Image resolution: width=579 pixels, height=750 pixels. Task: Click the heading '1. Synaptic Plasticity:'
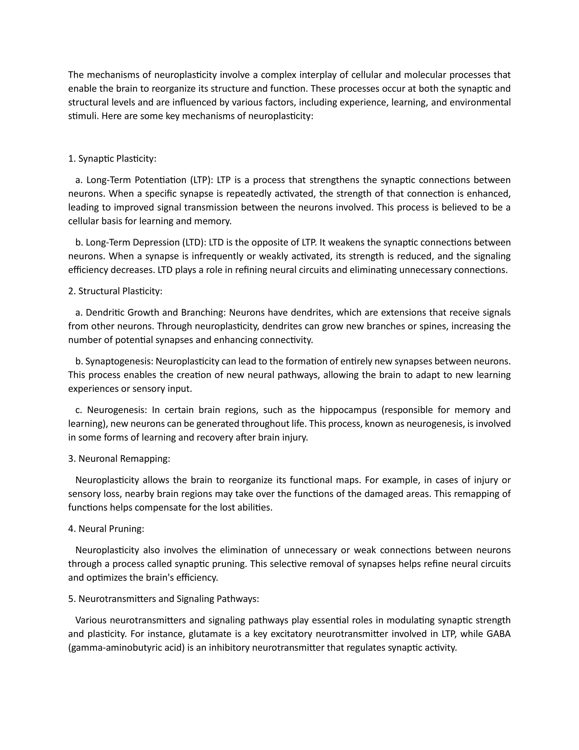[x=112, y=159]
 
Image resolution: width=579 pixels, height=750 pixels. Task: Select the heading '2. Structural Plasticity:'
[x=115, y=291]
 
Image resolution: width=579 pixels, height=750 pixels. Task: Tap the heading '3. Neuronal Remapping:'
[x=119, y=459]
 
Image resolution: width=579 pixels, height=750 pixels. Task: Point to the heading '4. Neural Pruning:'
[x=106, y=529]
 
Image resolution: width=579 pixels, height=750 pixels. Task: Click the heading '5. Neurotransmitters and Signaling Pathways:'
[x=163, y=599]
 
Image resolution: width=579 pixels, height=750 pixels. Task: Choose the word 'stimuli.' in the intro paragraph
[x=83, y=116]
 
